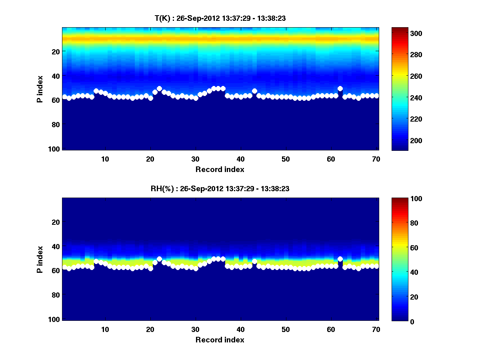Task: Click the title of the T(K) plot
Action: (x=220, y=18)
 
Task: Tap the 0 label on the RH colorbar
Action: (x=398, y=321)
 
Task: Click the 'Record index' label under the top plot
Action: (x=220, y=169)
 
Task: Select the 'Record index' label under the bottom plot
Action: (x=220, y=340)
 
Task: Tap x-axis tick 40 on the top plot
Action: (x=240, y=158)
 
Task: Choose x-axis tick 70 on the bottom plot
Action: (x=376, y=329)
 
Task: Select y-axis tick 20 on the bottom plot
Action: (x=56, y=222)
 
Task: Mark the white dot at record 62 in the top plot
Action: (x=340, y=88)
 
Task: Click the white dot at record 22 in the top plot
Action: (x=159, y=88)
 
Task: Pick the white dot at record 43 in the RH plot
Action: (x=254, y=261)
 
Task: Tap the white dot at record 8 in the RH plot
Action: (x=96, y=261)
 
